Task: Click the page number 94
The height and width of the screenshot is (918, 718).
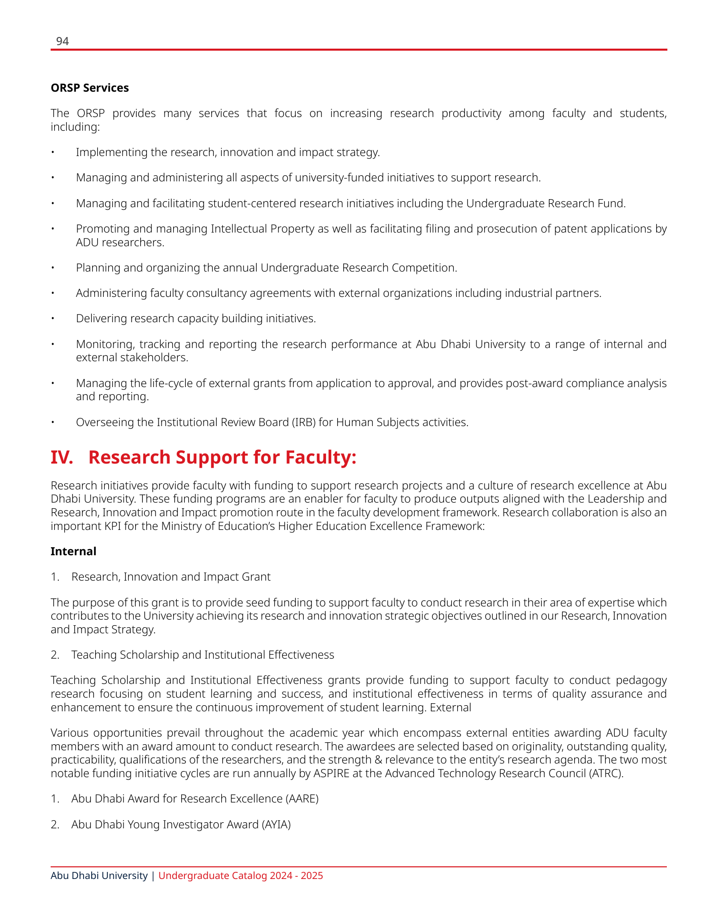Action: pos(62,42)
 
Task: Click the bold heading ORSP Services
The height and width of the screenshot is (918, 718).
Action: pos(90,88)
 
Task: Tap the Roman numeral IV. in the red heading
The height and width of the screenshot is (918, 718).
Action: pos(62,457)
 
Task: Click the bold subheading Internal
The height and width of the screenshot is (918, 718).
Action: pos(73,551)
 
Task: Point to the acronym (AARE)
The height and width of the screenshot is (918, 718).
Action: pos(302,798)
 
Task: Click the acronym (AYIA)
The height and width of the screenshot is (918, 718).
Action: pos(276,824)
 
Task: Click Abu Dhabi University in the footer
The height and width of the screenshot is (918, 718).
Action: pos(99,875)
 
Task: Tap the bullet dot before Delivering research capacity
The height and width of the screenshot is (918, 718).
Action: pos(52,319)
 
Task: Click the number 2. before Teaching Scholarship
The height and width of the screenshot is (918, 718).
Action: pos(55,655)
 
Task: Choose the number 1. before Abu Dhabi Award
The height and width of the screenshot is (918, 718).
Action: pos(55,798)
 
